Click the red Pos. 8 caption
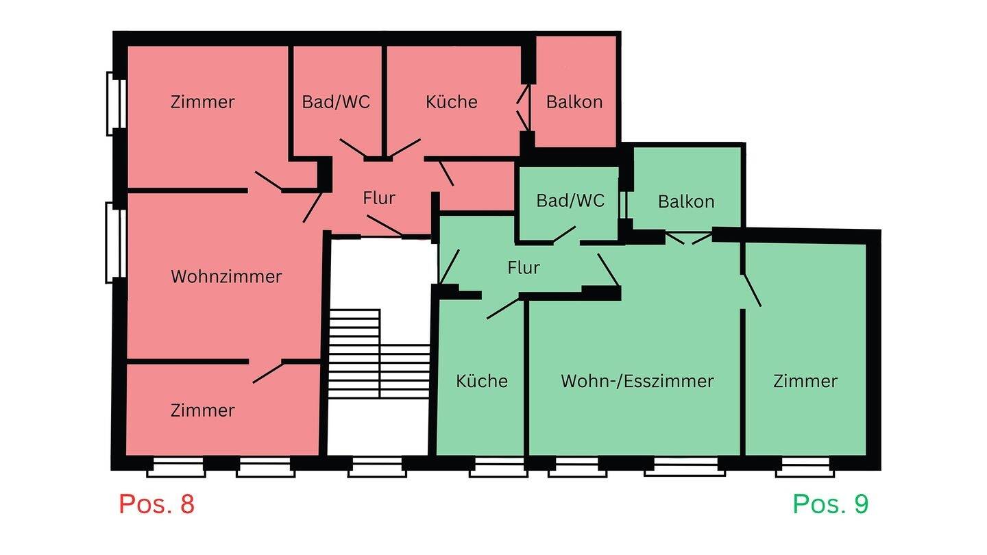click(x=156, y=504)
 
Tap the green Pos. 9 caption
click(x=830, y=504)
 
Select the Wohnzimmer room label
click(x=226, y=277)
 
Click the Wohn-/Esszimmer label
click(x=637, y=381)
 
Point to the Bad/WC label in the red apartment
click(x=336, y=102)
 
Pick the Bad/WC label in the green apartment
click(x=570, y=201)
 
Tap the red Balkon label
click(x=574, y=102)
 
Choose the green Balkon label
click(x=685, y=201)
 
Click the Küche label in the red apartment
click(x=451, y=102)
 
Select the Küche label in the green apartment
click(x=482, y=381)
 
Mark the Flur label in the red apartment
click(x=379, y=199)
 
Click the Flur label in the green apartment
click(x=524, y=267)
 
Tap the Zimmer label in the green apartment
click(x=805, y=381)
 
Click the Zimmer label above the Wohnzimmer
click(x=202, y=102)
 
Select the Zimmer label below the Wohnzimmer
click(x=202, y=410)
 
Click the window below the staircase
click(x=377, y=468)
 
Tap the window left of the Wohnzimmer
click(x=116, y=243)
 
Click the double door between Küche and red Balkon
click(x=524, y=106)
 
